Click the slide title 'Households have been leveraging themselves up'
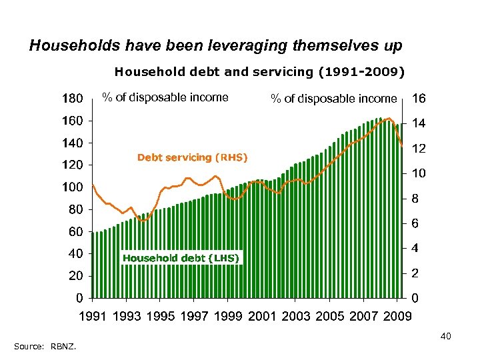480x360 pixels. coord(216,45)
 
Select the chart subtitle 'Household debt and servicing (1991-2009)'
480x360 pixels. coord(259,70)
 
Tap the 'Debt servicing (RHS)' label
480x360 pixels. coord(192,157)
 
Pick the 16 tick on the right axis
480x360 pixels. coord(419,99)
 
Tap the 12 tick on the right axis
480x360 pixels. coord(419,149)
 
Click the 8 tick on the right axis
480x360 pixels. coord(415,199)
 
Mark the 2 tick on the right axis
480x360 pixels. coord(415,274)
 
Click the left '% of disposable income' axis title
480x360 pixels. coord(165,98)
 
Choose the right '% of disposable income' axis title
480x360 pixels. coord(333,99)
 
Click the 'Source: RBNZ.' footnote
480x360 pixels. coord(44,346)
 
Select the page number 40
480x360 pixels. coord(446,337)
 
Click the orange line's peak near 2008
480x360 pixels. coord(389,119)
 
